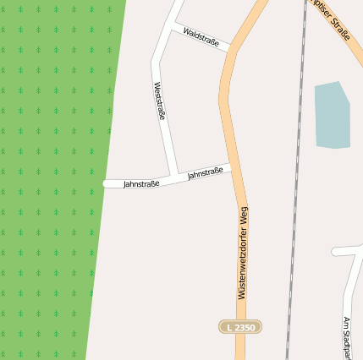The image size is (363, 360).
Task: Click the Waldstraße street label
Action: pyautogui.click(x=201, y=36)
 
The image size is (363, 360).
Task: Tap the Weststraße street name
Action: pyautogui.click(x=160, y=101)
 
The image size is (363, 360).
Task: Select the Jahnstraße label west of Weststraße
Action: pyautogui.click(x=141, y=183)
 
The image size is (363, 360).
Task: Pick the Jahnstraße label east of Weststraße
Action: pyautogui.click(x=206, y=173)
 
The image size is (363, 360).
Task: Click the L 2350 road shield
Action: pyautogui.click(x=240, y=326)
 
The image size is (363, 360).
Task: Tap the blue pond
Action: pyautogui.click(x=332, y=116)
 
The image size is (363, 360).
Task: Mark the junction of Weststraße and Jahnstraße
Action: pyautogui.click(x=175, y=176)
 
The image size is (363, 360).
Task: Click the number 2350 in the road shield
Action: pyautogui.click(x=245, y=326)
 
